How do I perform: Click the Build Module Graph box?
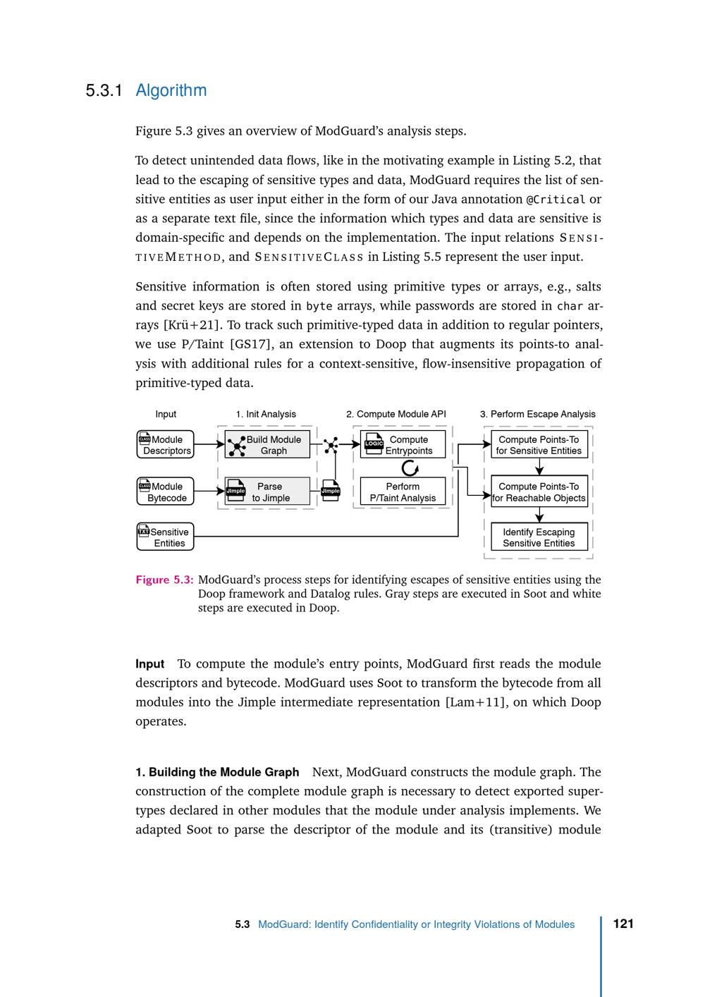[267, 445]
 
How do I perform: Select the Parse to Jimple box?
[267, 491]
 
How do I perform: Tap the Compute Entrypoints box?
[403, 445]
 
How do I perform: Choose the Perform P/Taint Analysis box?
[403, 491]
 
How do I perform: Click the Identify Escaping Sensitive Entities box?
[539, 537]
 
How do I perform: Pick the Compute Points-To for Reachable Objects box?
[539, 491]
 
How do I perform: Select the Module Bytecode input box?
[165, 491]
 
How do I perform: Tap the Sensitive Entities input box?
[165, 537]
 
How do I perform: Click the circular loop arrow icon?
[410, 468]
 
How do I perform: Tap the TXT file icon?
[144, 531]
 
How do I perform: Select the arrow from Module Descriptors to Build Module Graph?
[209, 445]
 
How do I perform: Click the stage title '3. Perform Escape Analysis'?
[537, 414]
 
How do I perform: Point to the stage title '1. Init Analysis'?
[266, 414]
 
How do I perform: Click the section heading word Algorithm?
[171, 90]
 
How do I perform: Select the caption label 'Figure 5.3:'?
[164, 580]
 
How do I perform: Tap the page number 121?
[623, 924]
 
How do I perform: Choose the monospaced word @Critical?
[556, 200]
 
